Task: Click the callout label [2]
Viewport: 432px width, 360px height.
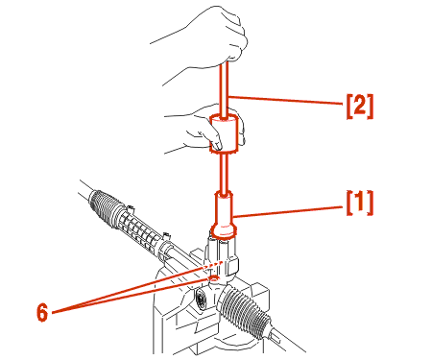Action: click(x=360, y=107)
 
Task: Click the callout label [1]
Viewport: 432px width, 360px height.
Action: click(x=360, y=203)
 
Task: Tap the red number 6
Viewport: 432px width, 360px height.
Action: click(x=42, y=312)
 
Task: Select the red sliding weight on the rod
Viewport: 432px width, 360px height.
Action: click(x=224, y=133)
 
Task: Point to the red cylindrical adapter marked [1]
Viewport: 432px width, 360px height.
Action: click(x=224, y=215)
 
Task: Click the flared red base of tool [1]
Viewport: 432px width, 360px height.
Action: click(x=224, y=231)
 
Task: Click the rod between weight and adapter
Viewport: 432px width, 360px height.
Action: click(x=225, y=173)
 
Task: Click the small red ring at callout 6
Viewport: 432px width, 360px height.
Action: click(x=214, y=279)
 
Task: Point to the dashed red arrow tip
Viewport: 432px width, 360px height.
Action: click(x=223, y=262)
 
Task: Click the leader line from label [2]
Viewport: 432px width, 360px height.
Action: click(x=286, y=100)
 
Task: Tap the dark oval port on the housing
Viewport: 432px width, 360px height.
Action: click(x=201, y=300)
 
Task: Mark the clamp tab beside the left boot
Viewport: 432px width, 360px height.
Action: click(x=130, y=209)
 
